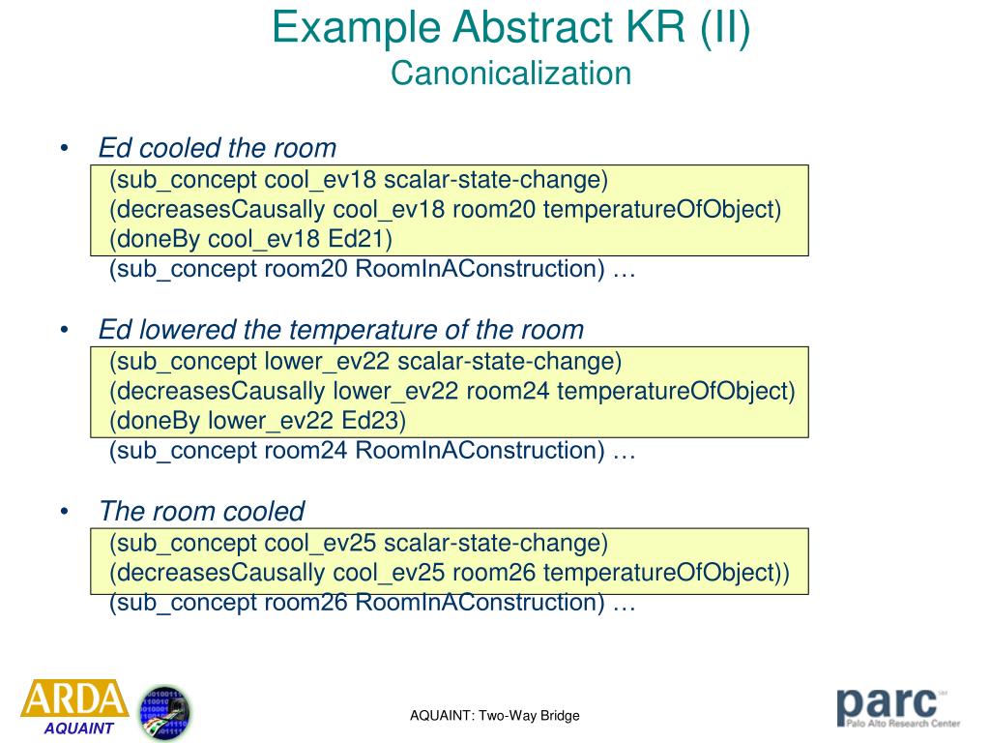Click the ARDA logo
click(74, 699)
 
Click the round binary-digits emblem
click(165, 712)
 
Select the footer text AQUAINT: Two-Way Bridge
click(494, 716)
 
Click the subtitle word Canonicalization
click(510, 74)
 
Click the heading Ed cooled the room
click(218, 148)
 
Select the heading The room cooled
click(201, 511)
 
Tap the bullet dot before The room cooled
click(65, 511)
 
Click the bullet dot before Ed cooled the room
click(65, 148)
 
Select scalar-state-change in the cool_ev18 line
click(495, 180)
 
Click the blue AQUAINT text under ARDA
click(78, 728)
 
